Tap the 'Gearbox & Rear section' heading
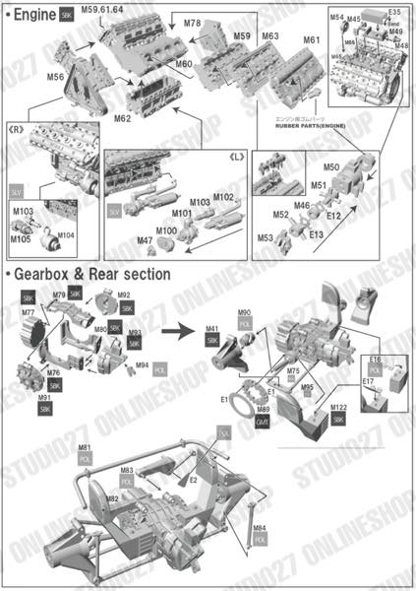tap(89, 273)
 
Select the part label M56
tap(55, 76)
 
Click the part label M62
tap(122, 118)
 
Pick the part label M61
tap(311, 40)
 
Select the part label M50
tap(331, 168)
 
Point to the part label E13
tap(316, 234)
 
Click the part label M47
tap(145, 240)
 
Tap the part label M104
tap(66, 234)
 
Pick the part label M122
tap(338, 406)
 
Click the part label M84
tap(259, 529)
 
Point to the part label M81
tap(86, 448)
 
